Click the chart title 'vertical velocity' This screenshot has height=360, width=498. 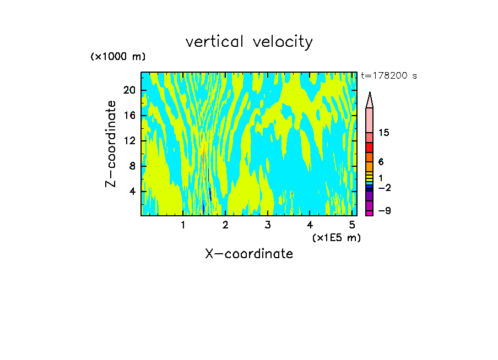pyautogui.click(x=249, y=42)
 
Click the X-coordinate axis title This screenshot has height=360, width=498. pyautogui.click(x=249, y=254)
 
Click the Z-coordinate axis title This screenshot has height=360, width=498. pyautogui.click(x=111, y=144)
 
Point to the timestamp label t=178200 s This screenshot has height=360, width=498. pyautogui.click(x=389, y=76)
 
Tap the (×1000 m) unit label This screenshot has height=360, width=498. pyautogui.click(x=118, y=57)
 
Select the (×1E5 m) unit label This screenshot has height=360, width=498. pyautogui.click(x=336, y=238)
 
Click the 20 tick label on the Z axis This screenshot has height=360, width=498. pyautogui.click(x=130, y=90)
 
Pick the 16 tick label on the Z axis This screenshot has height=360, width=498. pyautogui.click(x=130, y=116)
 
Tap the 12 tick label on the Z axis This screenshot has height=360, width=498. pyautogui.click(x=130, y=141)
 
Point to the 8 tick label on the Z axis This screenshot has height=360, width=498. pyautogui.click(x=133, y=166)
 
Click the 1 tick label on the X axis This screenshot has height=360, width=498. pyautogui.click(x=183, y=225)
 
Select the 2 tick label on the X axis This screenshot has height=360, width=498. pyautogui.click(x=225, y=225)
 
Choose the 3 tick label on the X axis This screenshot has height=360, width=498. pyautogui.click(x=268, y=225)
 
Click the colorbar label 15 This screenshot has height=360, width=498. pyautogui.click(x=385, y=133)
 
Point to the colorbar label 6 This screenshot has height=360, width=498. pyautogui.click(x=381, y=162)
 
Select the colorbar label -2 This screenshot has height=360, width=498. pyautogui.click(x=384, y=188)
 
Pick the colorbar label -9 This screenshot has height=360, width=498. pyautogui.click(x=384, y=210)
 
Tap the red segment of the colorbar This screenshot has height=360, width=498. pyautogui.click(x=369, y=148)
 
